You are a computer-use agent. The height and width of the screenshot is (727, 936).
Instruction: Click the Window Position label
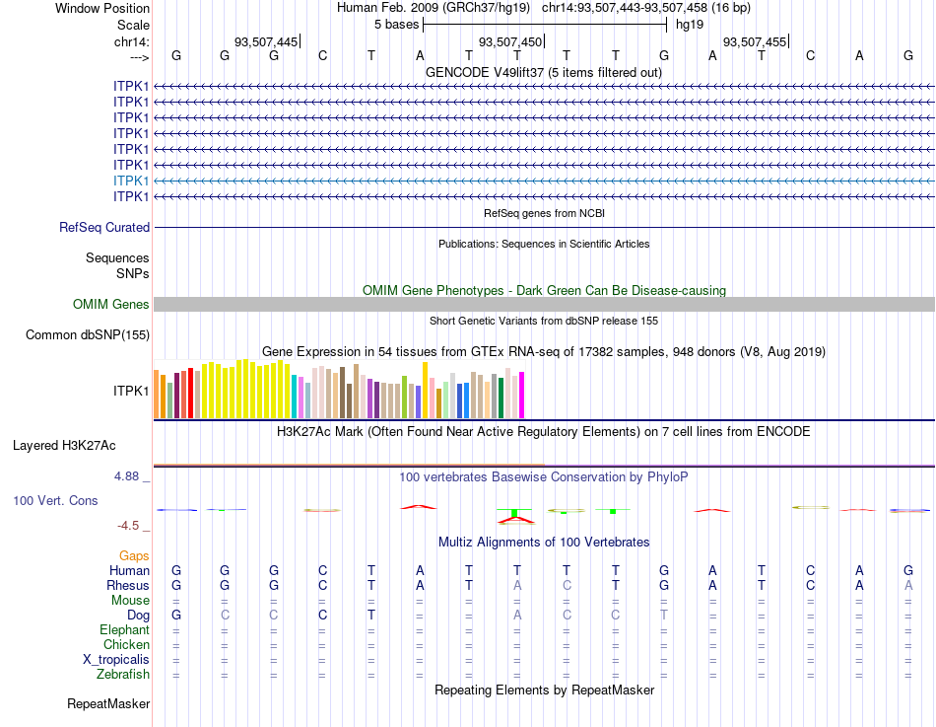point(102,8)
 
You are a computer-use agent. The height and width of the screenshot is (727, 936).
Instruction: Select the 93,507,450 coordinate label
point(509,41)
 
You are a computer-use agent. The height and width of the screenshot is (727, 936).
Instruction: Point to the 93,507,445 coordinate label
point(265,41)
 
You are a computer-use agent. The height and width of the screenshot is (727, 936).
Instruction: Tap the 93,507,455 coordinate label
point(754,41)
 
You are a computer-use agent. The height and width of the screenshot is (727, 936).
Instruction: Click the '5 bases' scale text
point(396,25)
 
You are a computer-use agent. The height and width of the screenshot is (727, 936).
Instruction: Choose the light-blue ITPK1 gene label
point(132,181)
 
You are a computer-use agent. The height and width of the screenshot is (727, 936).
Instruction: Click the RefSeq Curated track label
point(104,227)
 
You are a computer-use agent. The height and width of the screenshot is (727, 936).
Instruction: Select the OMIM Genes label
point(111,304)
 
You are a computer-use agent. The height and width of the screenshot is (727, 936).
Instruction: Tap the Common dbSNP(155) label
point(88,335)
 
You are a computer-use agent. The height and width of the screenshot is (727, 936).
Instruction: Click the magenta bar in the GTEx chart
point(521,395)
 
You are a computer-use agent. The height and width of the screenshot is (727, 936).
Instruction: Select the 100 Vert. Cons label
point(55,501)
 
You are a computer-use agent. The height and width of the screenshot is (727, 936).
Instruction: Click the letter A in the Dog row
point(516,615)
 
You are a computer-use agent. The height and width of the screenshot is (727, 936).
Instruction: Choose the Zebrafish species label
point(123,675)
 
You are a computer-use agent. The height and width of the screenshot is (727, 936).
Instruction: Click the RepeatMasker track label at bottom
point(108,704)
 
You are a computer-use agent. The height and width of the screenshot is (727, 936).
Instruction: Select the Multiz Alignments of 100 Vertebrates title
point(544,543)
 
